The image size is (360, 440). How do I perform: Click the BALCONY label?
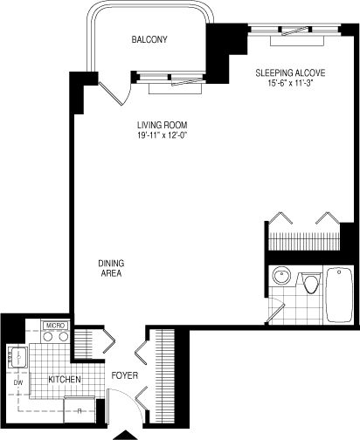[149, 40]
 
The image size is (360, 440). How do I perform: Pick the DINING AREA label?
[109, 267]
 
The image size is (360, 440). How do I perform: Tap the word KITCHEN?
[65, 380]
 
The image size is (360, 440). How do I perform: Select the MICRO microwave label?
[55, 326]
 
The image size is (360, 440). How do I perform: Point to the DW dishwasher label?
[17, 382]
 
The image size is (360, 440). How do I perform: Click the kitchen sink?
[18, 357]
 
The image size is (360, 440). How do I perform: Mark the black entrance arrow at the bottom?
[129, 434]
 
